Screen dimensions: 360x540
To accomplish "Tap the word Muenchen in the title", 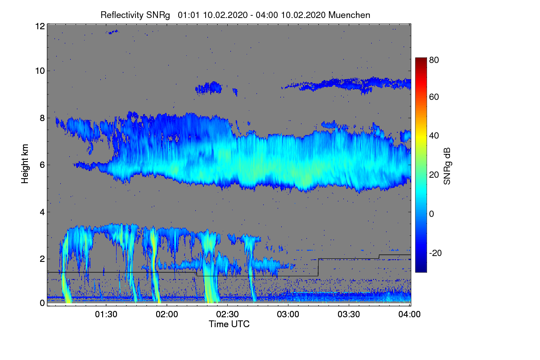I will (x=349, y=15).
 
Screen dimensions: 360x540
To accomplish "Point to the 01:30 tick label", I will (x=106, y=315).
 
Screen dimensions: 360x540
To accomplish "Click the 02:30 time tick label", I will (x=228, y=315).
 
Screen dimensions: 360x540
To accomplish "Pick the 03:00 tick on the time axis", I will (x=288, y=315).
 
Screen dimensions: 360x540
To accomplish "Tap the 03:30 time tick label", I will (x=349, y=315).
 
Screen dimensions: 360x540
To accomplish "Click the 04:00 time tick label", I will (x=410, y=315).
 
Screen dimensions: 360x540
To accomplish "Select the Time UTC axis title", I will (x=229, y=324).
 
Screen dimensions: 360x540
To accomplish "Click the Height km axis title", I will (x=26, y=165).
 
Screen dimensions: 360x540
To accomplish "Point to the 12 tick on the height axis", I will (x=40, y=26).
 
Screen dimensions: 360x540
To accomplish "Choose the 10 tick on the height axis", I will (x=40, y=71).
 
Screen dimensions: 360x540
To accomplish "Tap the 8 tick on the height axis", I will (x=42, y=118).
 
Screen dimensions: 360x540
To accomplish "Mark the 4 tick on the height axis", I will (x=42, y=211).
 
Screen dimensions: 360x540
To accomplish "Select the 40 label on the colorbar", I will (x=433, y=136).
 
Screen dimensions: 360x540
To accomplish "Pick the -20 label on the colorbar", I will (x=435, y=253).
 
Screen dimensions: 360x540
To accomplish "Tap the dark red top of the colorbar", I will (x=420, y=60).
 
